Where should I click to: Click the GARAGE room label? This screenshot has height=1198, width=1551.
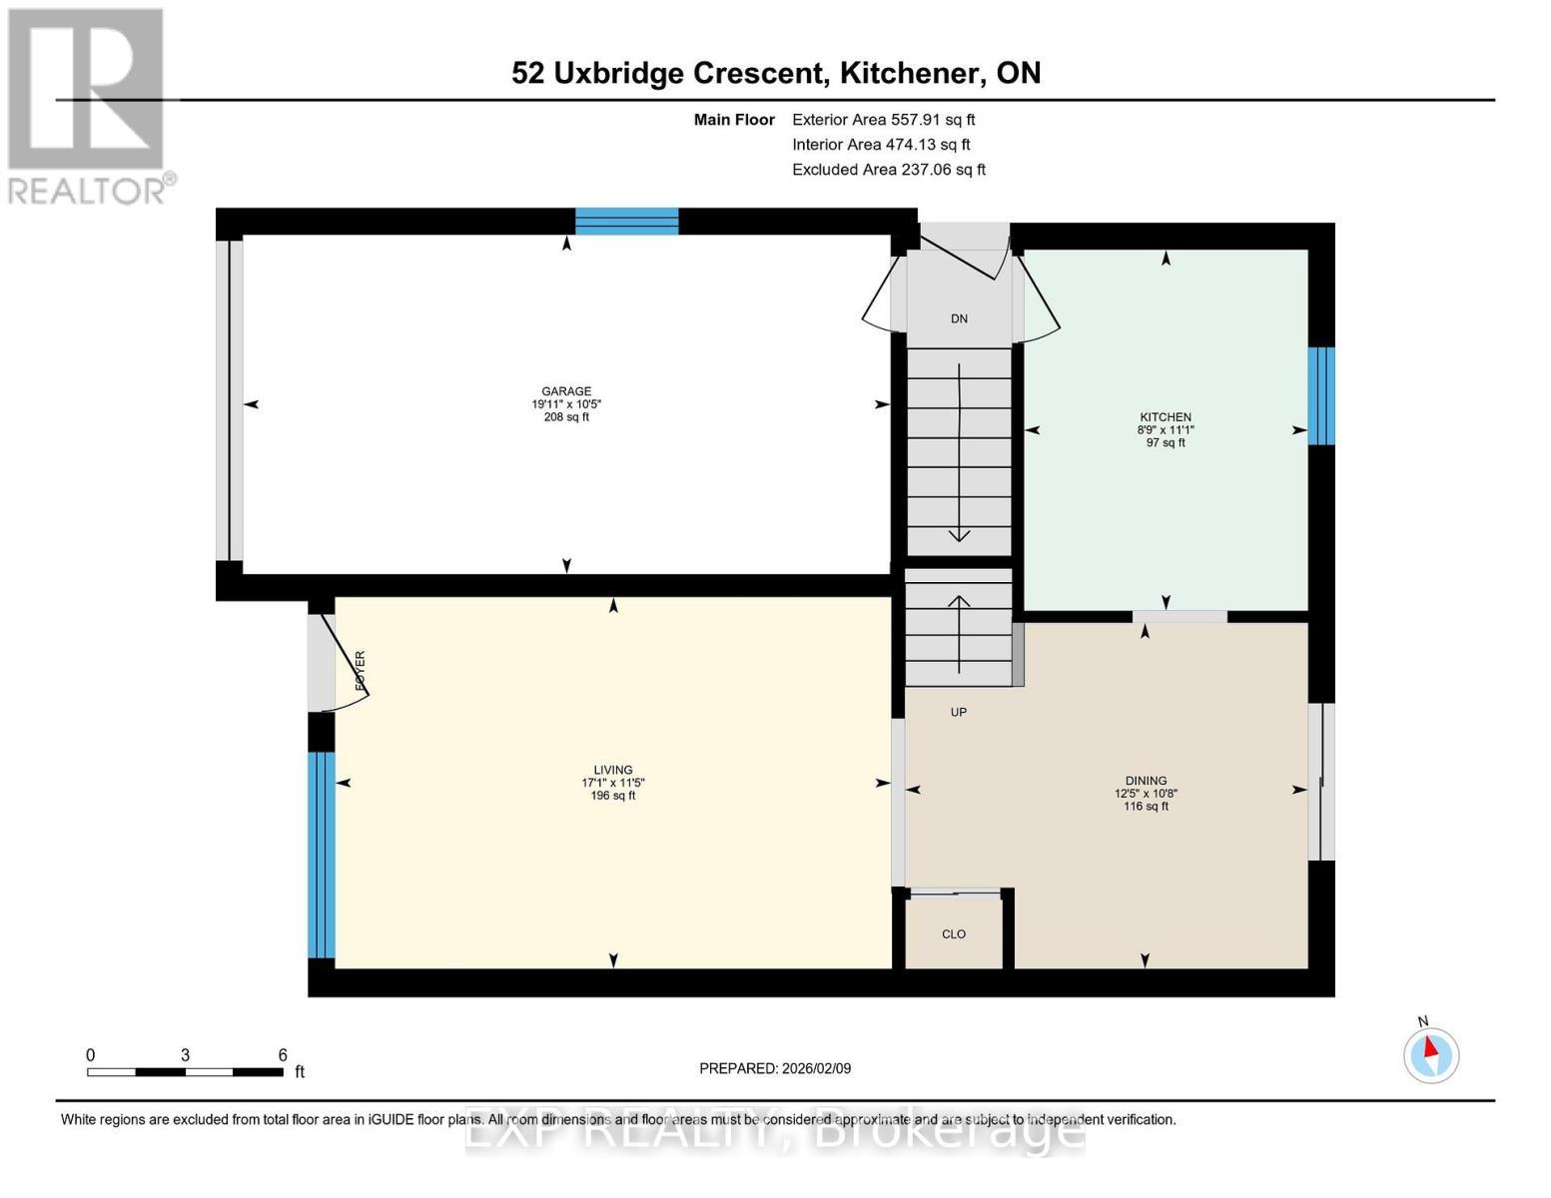coord(566,391)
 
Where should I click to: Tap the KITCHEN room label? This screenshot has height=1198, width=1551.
coord(1165,417)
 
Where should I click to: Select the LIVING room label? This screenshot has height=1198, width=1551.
coord(613,770)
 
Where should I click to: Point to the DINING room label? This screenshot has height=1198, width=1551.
coord(1146,781)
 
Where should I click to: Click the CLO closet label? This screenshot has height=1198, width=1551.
coord(954,934)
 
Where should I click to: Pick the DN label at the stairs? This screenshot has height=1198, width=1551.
coord(959,319)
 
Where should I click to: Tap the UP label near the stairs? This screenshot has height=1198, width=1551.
coord(959,713)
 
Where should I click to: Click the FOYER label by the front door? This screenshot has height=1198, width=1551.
coord(361,671)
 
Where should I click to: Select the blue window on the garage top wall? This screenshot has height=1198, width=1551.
coord(626,221)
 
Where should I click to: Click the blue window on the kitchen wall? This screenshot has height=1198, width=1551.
coord(1321,395)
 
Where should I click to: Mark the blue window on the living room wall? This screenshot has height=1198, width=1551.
coord(321,855)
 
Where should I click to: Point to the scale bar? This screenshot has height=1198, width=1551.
coord(185,1072)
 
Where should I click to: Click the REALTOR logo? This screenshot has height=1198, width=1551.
coord(88,105)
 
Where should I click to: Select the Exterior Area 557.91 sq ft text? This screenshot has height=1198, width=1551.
coord(883,120)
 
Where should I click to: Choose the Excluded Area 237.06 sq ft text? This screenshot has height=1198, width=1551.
coord(888,170)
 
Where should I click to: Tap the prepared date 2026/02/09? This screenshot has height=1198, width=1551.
coord(775,1068)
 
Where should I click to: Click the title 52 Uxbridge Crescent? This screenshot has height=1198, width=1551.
coord(668,73)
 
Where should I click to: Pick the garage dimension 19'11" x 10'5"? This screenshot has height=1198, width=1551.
coord(566,404)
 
